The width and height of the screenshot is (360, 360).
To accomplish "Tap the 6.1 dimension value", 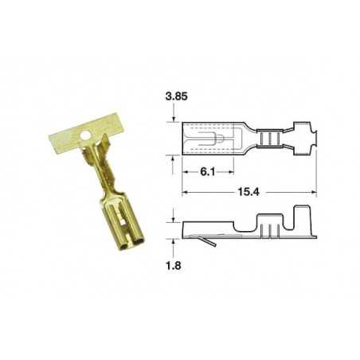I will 205,172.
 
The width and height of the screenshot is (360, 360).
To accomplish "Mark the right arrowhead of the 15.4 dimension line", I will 315,192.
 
